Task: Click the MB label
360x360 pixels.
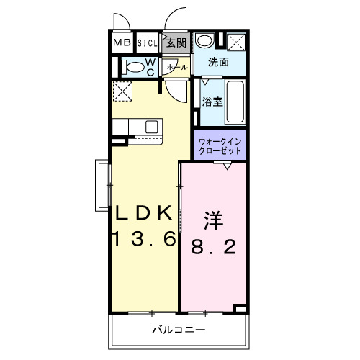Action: pos(122,42)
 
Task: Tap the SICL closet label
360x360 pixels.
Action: pos(148,43)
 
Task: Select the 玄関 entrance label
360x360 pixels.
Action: pos(176,43)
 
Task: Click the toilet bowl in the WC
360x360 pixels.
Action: pos(134,67)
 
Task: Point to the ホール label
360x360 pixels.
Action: pos(177,67)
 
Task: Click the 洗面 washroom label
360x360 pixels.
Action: pos(218,62)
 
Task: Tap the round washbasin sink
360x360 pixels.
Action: pos(204,40)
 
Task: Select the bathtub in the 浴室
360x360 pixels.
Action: pos(235,102)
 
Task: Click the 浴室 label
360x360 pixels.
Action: pos(212,102)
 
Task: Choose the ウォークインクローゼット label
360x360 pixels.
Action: pos(220,146)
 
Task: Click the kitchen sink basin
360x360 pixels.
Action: pos(152,127)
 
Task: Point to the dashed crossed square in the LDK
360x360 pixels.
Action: pos(122,91)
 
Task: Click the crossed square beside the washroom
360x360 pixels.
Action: pos(236,42)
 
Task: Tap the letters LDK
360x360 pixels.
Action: pos(144,213)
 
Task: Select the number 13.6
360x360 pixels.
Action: pos(145,238)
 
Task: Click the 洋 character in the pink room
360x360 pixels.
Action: pos(214,220)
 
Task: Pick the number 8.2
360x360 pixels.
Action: pos(213,246)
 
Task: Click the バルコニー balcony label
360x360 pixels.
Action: pos(179,330)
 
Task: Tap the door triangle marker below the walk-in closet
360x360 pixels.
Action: pos(228,166)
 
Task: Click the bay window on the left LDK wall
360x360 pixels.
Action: pos(103,185)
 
